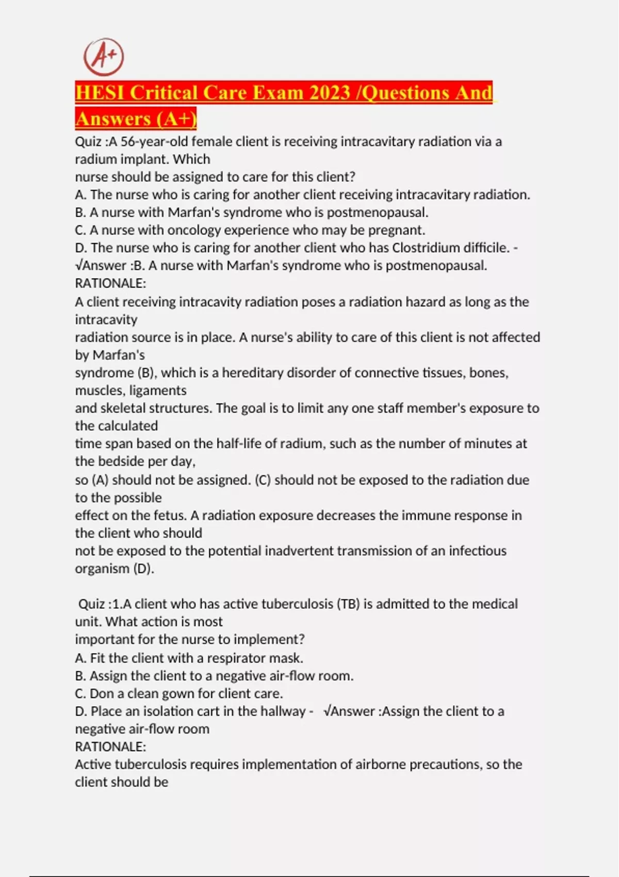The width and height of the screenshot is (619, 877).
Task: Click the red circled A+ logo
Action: point(104,56)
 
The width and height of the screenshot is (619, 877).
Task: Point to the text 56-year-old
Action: point(150,142)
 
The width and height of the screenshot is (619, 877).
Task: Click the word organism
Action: point(102,569)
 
